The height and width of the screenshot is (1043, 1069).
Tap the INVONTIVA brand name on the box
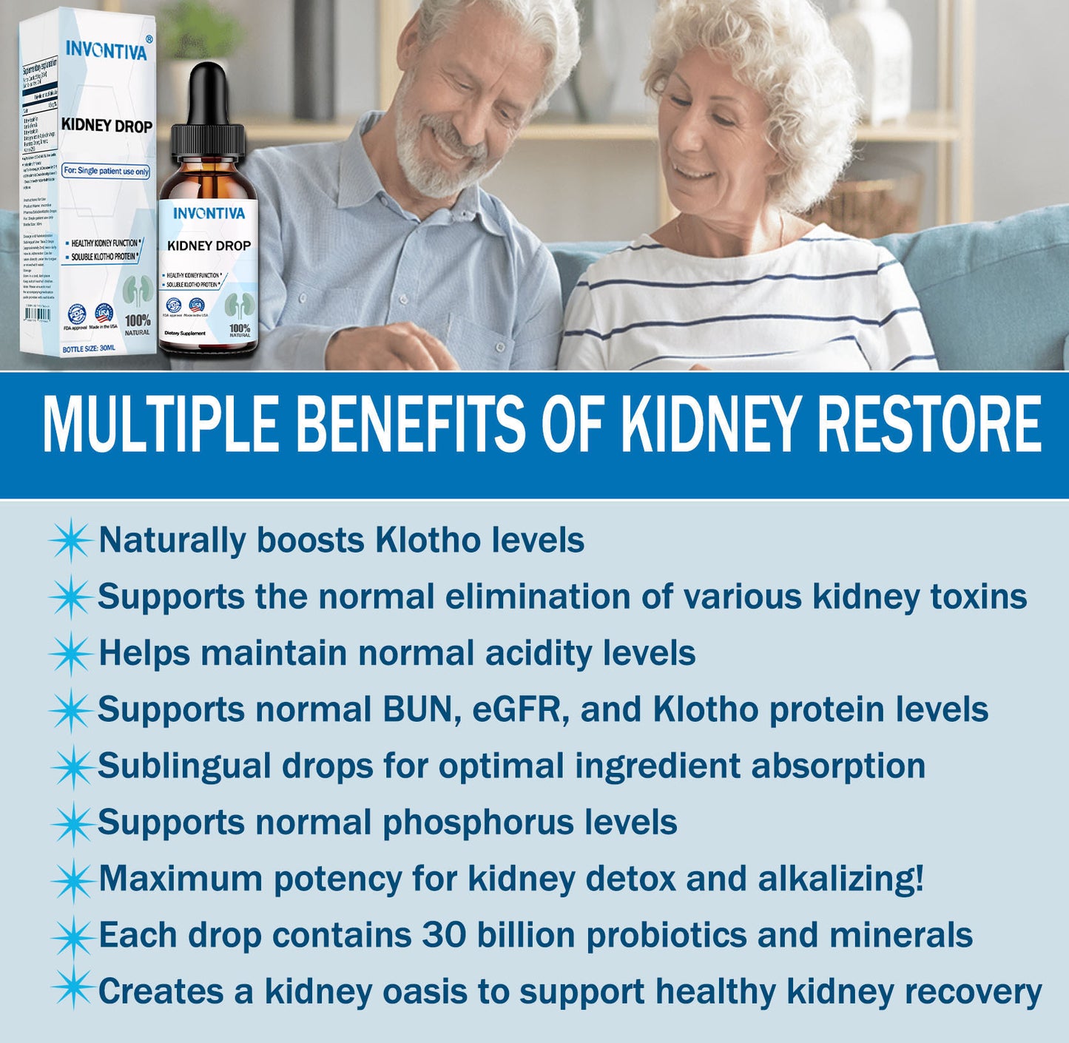click(107, 50)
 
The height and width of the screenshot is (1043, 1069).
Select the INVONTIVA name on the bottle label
click(209, 214)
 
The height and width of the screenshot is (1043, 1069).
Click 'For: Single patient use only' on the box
click(106, 171)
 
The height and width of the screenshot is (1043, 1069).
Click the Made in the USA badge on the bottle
click(196, 306)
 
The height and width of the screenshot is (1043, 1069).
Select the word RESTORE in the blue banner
click(929, 425)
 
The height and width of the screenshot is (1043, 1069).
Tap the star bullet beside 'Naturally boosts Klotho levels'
click(70, 540)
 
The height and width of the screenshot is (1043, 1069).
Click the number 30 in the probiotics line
click(444, 935)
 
